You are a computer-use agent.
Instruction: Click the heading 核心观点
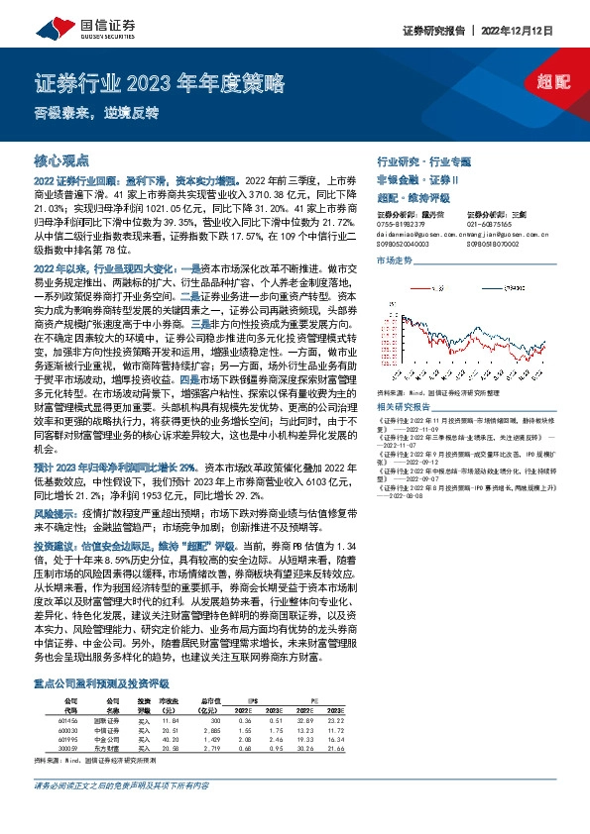pos(61,159)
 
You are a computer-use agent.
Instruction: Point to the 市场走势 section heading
pos(394,260)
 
